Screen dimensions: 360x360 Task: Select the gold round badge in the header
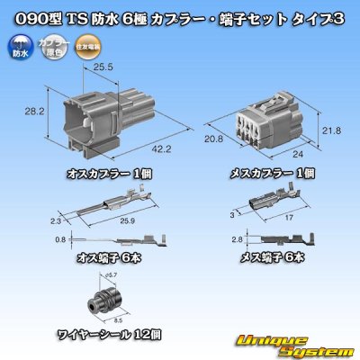click(87, 46)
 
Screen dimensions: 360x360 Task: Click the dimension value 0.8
click(59, 240)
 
